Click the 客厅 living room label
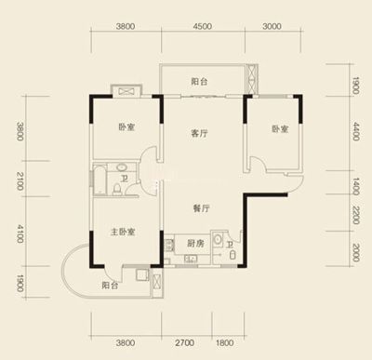(199, 134)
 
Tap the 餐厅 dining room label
(202, 208)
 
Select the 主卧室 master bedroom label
(123, 232)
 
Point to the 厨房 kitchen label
(195, 244)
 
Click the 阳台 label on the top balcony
(199, 82)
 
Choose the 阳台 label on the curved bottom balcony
(110, 286)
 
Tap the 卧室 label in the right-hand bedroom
(281, 129)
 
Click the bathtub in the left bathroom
(100, 180)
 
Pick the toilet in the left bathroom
(117, 189)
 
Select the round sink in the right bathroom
(218, 239)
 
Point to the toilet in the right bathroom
(232, 256)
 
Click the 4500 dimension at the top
(203, 26)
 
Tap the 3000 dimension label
(272, 26)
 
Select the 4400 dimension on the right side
(356, 131)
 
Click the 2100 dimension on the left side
(20, 181)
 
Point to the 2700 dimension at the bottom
(185, 343)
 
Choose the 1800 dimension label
(225, 343)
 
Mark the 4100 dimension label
(20, 233)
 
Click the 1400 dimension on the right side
(356, 186)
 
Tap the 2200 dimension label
(356, 215)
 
